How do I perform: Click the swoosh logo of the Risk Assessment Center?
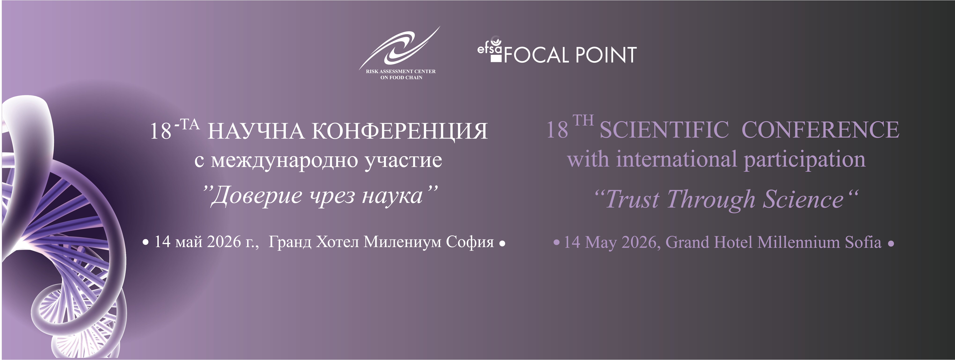(399, 48)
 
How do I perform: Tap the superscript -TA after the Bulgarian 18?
(187, 125)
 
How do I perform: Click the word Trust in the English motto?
(632, 199)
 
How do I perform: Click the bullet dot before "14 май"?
(146, 243)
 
